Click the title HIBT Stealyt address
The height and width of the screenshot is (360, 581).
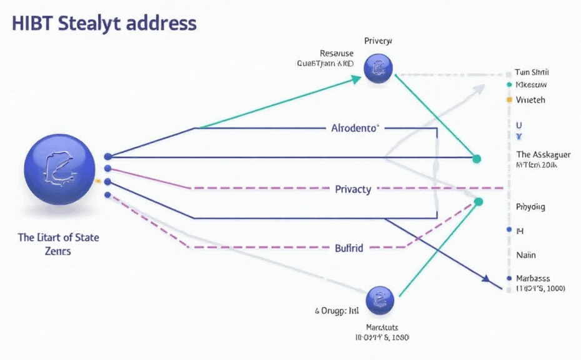[x=104, y=24]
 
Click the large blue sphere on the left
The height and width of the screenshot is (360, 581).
[x=60, y=168]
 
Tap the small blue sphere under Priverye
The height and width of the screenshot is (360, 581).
[x=378, y=69]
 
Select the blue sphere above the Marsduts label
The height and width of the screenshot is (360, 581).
[x=379, y=300]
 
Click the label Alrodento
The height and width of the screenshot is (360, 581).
[x=354, y=128]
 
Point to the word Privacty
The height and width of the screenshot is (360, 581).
[x=353, y=189]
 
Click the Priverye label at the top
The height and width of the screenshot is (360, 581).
[x=378, y=41]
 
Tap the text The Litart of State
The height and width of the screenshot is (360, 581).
[x=59, y=237]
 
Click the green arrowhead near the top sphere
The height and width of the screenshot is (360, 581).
[x=356, y=79]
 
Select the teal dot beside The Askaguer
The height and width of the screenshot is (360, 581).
[x=477, y=159]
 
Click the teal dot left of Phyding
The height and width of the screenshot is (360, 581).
[x=479, y=201]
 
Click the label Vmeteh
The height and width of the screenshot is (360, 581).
[x=530, y=99]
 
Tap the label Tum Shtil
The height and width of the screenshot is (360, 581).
[x=532, y=72]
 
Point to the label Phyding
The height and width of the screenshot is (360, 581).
[x=530, y=206]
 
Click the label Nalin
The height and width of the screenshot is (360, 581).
[x=526, y=255]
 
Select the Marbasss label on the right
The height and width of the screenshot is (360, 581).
[x=533, y=278]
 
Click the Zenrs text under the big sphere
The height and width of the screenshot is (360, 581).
[x=58, y=251]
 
